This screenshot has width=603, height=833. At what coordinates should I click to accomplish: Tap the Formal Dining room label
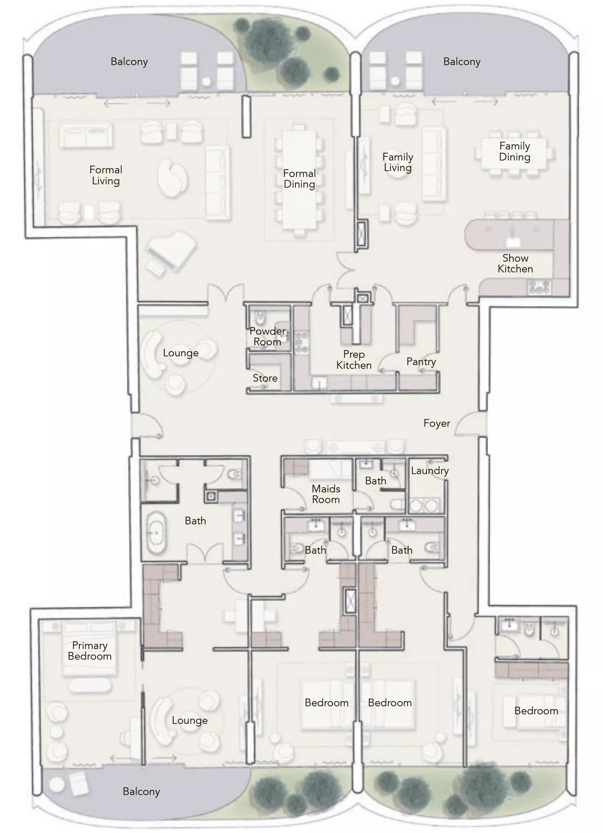(x=299, y=179)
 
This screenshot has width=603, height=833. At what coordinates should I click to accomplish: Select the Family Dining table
(x=514, y=152)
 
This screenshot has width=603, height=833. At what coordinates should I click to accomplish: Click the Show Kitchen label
(x=515, y=263)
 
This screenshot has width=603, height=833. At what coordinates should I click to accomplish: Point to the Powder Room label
(x=267, y=336)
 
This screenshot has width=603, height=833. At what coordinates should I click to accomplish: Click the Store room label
(x=265, y=378)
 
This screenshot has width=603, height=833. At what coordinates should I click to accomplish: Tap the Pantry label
(x=421, y=361)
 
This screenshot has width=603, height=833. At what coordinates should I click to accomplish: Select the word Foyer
(x=436, y=423)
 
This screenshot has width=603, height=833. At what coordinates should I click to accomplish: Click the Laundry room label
(x=429, y=470)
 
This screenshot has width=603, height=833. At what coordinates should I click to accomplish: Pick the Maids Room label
(x=326, y=494)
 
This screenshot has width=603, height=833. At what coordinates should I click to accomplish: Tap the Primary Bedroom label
(x=90, y=651)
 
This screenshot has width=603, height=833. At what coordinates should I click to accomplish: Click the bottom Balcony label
(x=141, y=791)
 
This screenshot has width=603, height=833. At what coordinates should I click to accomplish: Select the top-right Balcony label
(x=461, y=62)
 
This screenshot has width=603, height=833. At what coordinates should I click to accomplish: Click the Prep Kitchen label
(x=353, y=359)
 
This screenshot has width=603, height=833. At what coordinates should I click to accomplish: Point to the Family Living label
(x=398, y=162)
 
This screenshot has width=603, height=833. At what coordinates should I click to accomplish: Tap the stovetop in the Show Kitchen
(x=538, y=286)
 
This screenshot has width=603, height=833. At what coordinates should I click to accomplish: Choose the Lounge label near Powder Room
(x=180, y=353)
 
